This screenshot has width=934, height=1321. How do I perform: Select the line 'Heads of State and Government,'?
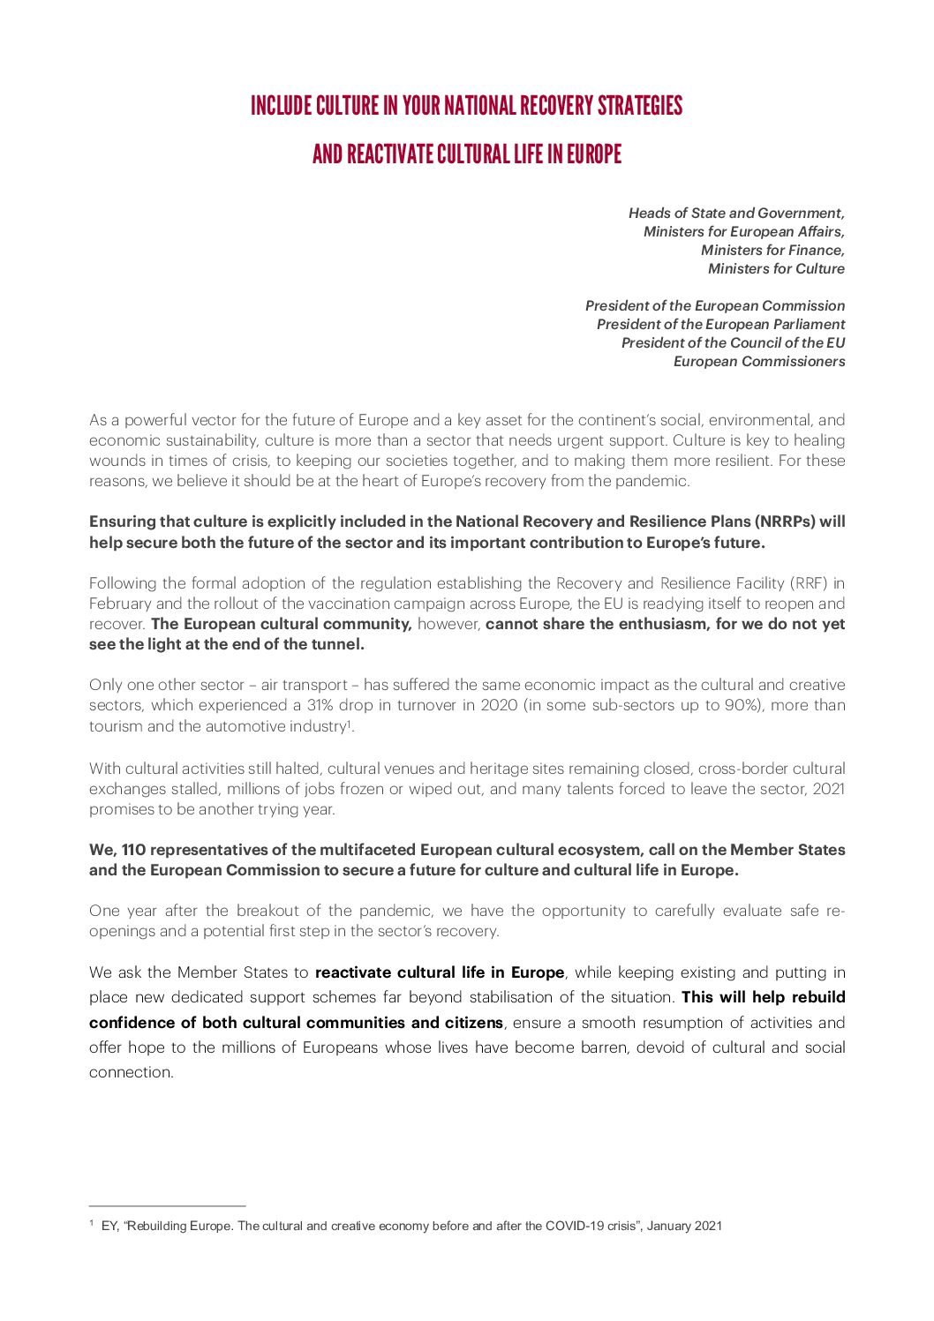(x=736, y=213)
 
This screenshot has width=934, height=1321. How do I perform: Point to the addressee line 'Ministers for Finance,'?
(x=772, y=250)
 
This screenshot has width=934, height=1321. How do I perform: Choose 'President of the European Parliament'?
(x=720, y=324)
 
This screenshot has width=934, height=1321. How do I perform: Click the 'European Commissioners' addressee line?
(x=758, y=361)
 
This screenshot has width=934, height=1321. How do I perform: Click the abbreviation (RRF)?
(x=810, y=583)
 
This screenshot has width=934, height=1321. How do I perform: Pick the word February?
(x=121, y=604)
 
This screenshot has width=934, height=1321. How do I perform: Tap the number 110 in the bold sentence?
(x=133, y=850)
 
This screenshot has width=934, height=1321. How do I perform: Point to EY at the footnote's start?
(x=109, y=1226)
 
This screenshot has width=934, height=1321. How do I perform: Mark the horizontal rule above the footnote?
(x=167, y=1205)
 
